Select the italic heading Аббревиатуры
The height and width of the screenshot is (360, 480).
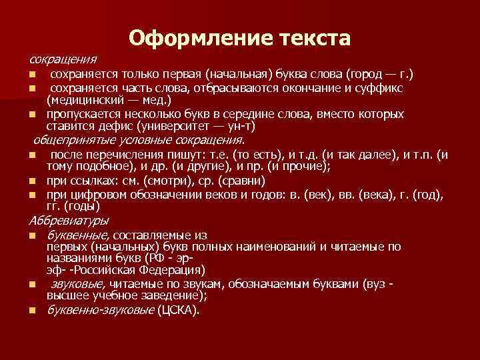(69, 220)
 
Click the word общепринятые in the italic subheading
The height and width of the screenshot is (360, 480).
(74, 140)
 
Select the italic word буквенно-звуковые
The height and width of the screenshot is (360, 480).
(100, 310)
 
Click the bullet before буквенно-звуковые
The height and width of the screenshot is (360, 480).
(31, 311)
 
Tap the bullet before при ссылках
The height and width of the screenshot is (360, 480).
(31, 181)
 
